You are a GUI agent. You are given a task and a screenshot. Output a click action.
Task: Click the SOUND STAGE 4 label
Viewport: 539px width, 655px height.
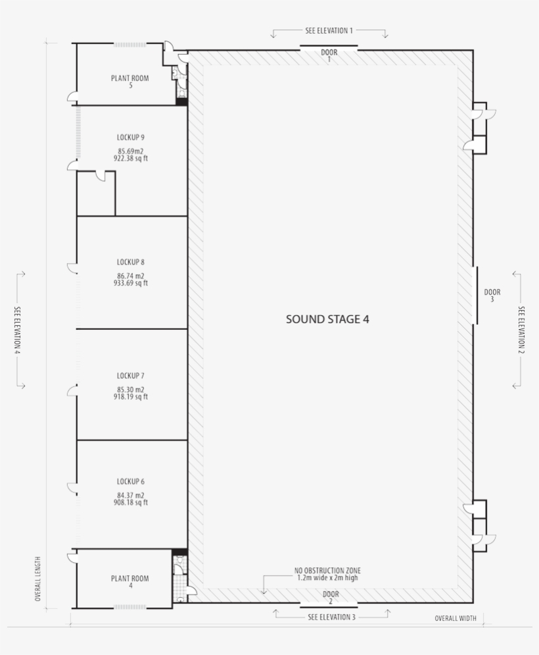pos(327,319)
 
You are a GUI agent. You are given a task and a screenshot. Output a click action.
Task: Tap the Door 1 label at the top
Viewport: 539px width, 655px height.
pos(329,55)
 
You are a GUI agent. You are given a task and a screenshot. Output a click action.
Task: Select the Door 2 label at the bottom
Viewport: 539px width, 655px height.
pos(331,597)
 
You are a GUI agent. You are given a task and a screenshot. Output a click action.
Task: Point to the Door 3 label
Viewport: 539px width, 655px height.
pos(492,296)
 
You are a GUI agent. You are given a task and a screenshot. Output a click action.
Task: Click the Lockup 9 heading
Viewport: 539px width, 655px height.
pos(131,138)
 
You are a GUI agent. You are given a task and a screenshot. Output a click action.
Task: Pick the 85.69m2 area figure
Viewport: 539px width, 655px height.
pos(131,151)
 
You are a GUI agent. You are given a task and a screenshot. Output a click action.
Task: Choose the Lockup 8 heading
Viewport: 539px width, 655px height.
pos(131,263)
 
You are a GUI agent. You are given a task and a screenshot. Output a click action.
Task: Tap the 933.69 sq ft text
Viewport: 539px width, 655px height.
pos(131,283)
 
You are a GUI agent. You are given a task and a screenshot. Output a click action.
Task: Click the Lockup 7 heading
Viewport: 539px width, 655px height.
pos(131,376)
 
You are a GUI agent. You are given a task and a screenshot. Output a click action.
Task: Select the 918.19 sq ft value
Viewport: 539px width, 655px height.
pos(131,396)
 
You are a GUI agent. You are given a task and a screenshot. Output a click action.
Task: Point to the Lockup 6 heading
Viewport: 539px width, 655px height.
pos(131,482)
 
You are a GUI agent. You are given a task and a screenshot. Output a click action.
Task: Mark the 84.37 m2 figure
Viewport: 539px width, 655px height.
pos(131,496)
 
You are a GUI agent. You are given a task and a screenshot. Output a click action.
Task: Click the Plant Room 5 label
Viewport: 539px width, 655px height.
pos(129,82)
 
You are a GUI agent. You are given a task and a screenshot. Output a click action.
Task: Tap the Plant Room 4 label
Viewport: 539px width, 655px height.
pos(129,582)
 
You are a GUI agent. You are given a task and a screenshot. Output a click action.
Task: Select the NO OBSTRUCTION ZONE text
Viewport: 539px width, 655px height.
pos(327,571)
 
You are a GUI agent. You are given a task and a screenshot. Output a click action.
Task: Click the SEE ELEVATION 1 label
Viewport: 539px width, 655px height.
pos(329,30)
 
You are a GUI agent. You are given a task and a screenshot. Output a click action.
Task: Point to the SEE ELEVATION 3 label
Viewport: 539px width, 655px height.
pos(332,617)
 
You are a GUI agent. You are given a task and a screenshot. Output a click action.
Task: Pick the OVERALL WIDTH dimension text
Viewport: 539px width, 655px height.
pos(456,618)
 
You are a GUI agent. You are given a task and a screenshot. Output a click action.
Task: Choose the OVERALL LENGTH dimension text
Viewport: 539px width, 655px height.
pos(37,579)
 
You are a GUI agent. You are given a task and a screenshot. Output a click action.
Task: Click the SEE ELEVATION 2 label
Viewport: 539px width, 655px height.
pos(521,330)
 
